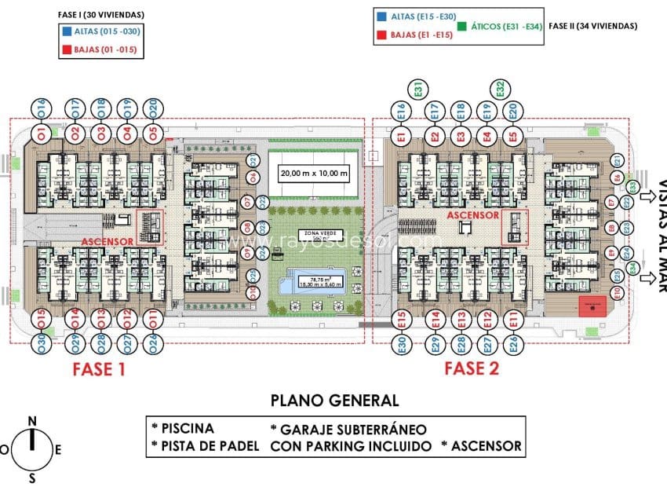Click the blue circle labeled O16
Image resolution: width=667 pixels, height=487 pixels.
click(41, 107)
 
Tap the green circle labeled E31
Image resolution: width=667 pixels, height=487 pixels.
click(417, 89)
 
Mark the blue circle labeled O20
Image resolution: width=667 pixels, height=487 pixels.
click(153, 107)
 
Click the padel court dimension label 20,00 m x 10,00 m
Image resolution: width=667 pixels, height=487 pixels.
click(314, 174)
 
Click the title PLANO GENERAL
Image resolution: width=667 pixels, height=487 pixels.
click(334, 401)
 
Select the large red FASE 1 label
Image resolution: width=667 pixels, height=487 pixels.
click(99, 369)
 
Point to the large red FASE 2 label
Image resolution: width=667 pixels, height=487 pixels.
click(472, 369)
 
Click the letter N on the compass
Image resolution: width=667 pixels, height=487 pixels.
click(32, 421)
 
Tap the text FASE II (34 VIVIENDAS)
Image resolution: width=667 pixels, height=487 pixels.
click(592, 26)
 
